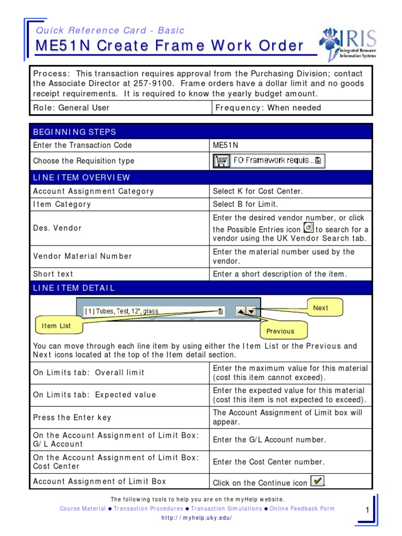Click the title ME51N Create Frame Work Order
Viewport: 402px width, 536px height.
tap(169, 46)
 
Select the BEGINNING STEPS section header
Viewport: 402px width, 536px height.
tap(74, 132)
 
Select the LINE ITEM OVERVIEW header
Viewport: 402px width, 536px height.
tap(82, 178)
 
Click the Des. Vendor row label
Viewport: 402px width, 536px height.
tap(57, 228)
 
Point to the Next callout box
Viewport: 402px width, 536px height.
tap(320, 308)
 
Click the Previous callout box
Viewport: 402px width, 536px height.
tap(280, 331)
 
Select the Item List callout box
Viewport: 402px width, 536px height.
tap(56, 326)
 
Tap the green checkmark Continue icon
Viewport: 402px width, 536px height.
tap(317, 481)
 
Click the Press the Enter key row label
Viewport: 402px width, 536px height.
tap(72, 418)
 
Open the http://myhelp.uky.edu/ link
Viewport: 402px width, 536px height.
tap(197, 518)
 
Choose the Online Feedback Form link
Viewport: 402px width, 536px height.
tap(302, 508)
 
